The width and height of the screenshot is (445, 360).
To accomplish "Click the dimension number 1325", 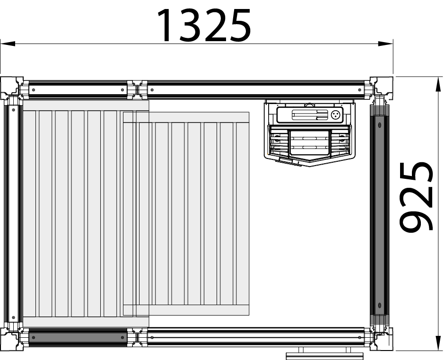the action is pos(204,25).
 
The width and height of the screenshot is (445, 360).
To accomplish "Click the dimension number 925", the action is pos(416,196).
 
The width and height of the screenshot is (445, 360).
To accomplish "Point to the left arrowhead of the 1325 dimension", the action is pos(8,44).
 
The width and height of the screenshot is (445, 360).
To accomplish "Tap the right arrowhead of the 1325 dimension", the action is pos(385,44).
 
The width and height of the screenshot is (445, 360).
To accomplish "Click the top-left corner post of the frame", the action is pos(12,88).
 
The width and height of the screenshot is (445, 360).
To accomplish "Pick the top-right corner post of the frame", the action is pos(382,88).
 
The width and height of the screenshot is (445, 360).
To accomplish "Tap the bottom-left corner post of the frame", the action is pos(12,339).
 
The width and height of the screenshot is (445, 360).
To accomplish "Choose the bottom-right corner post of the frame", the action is pos(382,339).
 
